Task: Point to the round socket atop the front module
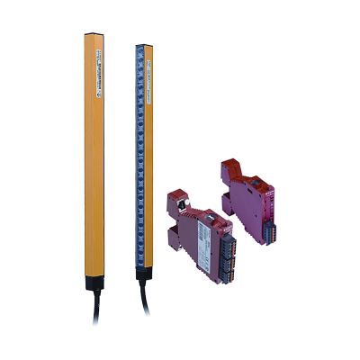[180, 202]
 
